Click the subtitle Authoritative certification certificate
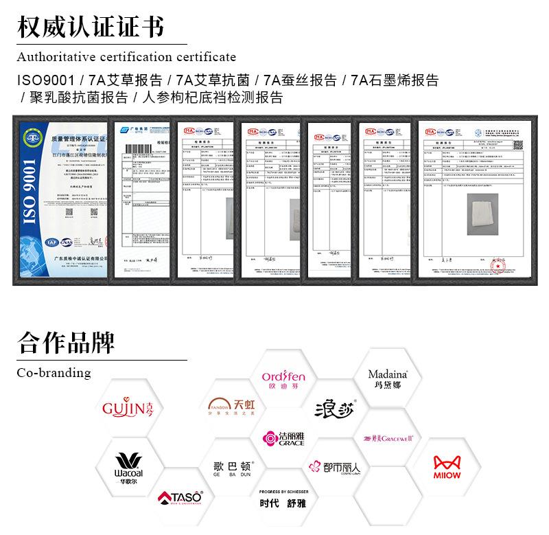(x=126, y=56)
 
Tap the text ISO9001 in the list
(x=45, y=80)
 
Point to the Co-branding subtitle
(x=54, y=373)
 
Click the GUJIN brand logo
(x=128, y=409)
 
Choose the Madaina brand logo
(x=388, y=378)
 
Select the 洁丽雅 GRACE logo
(x=283, y=438)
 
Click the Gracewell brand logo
(x=388, y=438)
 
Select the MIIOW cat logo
(x=447, y=466)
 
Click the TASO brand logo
(x=180, y=497)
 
